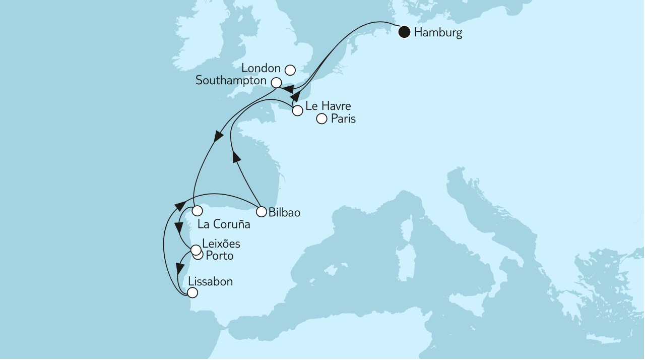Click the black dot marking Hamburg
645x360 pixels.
pos(404,33)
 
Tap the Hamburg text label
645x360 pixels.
pos(437,34)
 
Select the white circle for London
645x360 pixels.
pos(290,70)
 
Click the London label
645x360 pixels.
pos(261,68)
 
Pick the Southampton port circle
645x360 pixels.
pos(276,82)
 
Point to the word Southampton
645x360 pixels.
pos(232,81)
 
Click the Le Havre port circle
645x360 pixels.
pos(297,110)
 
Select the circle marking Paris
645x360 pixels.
pos(321,119)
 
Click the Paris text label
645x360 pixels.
pos(343,119)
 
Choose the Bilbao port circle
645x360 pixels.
pos(261,212)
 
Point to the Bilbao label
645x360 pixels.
pos(285,213)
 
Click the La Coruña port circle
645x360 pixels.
pos(197,210)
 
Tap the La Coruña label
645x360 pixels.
pos(224,225)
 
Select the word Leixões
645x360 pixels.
pos(221,244)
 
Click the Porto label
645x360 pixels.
pos(220,256)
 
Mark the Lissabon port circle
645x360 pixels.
pos(192,292)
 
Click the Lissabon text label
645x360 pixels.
pos(210,281)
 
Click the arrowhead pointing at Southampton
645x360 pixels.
pos(288,90)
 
